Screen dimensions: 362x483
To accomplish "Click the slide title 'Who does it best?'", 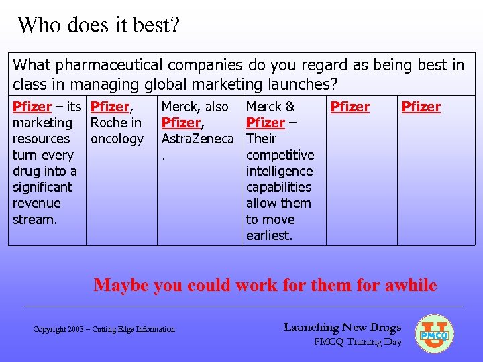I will pos(99,25).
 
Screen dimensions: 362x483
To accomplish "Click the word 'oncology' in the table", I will pos(117,139).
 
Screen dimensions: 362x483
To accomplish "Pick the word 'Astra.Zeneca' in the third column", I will pos(197,139).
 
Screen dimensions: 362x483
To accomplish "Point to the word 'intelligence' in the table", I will pos(280,171).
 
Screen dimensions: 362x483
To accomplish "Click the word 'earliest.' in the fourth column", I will pos(269,235).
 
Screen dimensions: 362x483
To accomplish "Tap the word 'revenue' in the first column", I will pos(37,203).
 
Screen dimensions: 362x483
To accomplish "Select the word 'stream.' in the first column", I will pos(34,219).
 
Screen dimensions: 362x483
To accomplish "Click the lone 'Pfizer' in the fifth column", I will pos(350,107).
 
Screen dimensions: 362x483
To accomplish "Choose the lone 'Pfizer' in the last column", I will pos(421,107).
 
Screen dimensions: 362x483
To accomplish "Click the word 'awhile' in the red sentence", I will pos(411,285).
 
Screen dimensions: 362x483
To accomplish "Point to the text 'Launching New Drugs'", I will pos(342,328).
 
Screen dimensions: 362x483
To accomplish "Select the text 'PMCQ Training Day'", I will pos(358,342).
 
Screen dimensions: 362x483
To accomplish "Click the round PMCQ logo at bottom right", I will pos(435,334).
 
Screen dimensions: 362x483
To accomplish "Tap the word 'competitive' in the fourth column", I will pos(280,155).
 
